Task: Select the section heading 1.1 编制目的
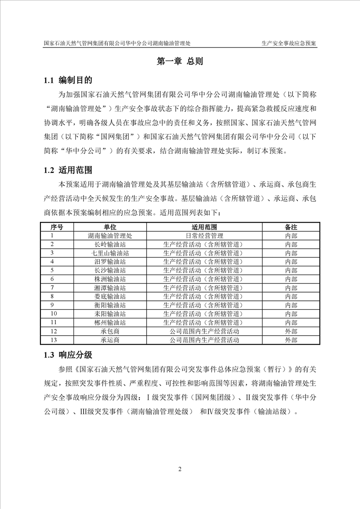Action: pyautogui.click(x=68, y=81)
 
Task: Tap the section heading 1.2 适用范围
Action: pyautogui.click(x=68, y=171)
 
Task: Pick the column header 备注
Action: pyautogui.click(x=291, y=227)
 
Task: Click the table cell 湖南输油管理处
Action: pyautogui.click(x=110, y=235)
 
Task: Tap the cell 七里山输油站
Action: pyautogui.click(x=110, y=253)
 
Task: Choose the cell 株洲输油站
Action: pyautogui.click(x=110, y=279)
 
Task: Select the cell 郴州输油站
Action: pyautogui.click(x=110, y=323)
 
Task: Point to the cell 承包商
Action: pyautogui.click(x=110, y=331)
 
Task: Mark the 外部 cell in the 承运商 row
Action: pyautogui.click(x=291, y=340)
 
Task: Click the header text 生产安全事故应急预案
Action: pyautogui.click(x=289, y=43)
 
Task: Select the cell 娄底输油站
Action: pyautogui.click(x=110, y=296)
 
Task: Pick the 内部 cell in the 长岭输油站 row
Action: pyautogui.click(x=291, y=244)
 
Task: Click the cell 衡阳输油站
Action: pyautogui.click(x=110, y=305)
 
